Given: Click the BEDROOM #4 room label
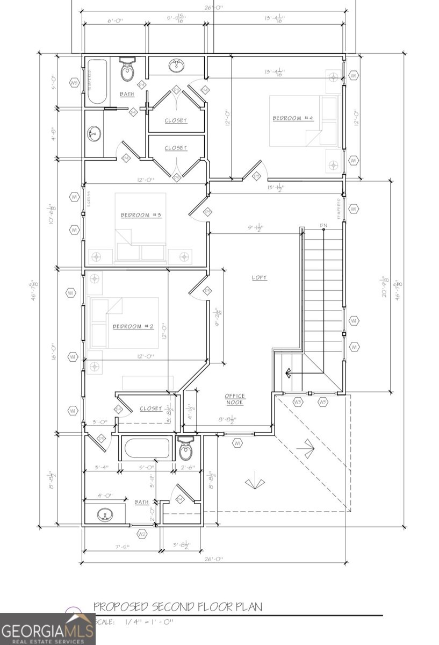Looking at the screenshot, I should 292,118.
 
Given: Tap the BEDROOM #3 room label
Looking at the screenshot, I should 141,215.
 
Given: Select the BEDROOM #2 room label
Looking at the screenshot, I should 133,326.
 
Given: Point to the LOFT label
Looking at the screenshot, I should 260,278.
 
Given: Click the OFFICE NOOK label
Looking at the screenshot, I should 235,399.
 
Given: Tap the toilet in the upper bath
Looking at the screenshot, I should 127,70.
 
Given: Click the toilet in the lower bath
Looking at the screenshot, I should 186,449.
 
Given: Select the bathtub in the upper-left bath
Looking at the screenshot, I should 97,81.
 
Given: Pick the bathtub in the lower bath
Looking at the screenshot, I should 146,448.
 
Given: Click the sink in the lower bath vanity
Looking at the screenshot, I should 105,515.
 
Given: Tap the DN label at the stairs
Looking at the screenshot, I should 323,225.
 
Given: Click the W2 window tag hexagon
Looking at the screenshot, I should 142,534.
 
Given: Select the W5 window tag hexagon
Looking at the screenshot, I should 74,83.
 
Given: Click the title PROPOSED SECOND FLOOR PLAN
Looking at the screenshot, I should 178,607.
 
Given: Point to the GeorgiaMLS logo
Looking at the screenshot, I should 40,629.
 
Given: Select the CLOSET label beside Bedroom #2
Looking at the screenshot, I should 150,408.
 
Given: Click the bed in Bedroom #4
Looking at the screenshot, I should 304,121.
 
